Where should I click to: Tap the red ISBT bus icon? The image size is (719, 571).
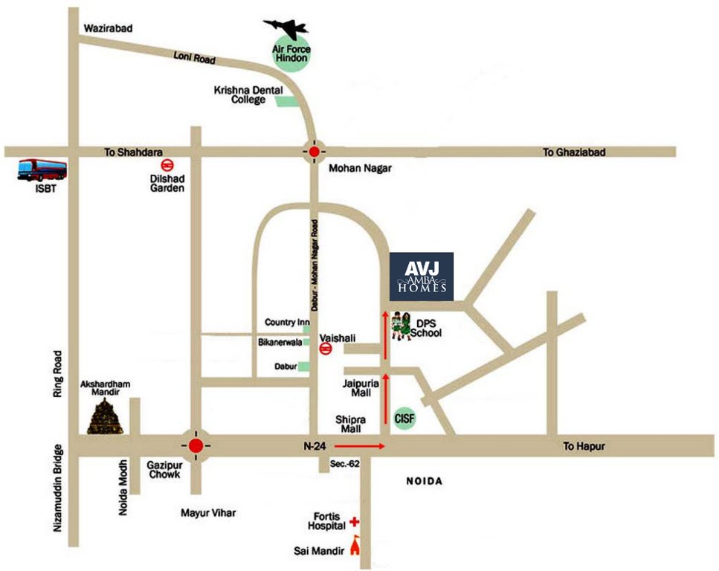coord(42,170)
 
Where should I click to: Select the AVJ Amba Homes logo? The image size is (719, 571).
coord(422,277)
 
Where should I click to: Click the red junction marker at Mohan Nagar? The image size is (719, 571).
coord(315,152)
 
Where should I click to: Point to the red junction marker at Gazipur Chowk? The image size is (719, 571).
coord(196,445)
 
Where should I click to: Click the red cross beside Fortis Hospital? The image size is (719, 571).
coord(355,523)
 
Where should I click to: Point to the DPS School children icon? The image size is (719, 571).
coord(402,326)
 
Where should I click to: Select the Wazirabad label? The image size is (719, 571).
coord(107,28)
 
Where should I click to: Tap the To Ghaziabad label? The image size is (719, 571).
coord(573,152)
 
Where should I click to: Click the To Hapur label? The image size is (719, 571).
coord(584,446)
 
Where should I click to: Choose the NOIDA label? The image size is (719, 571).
coord(424,481)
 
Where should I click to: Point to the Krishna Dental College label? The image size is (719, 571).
coord(239,94)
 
